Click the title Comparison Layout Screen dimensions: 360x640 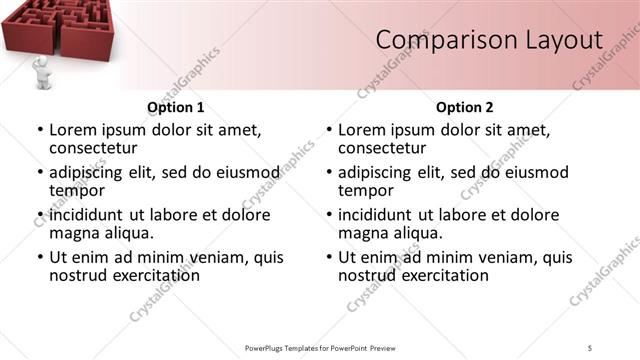(489, 40)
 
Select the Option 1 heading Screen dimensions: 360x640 (176, 107)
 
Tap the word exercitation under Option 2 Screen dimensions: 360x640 (438, 275)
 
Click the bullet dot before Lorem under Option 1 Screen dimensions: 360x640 (40, 130)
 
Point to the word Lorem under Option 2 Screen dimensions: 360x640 (361, 129)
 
